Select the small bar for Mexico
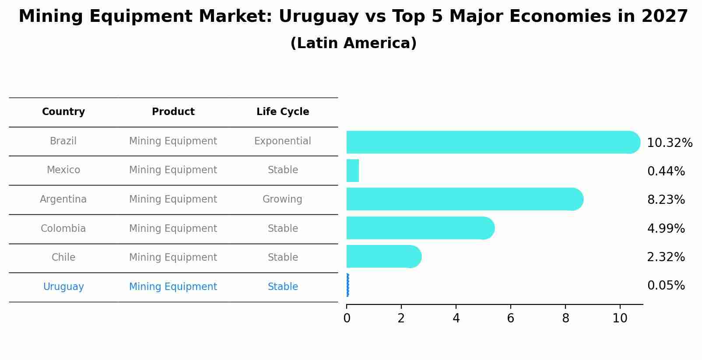pyautogui.click(x=353, y=171)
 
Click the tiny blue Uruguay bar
pyautogui.click(x=347, y=285)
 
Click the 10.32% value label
pyautogui.click(x=669, y=143)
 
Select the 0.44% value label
pyautogui.click(x=666, y=171)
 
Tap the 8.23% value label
pyautogui.click(x=666, y=200)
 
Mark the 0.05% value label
pyautogui.click(x=666, y=286)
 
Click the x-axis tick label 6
pyautogui.click(x=510, y=318)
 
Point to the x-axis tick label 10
pyautogui.click(x=620, y=318)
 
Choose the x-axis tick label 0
pyautogui.click(x=347, y=318)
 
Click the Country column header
pyautogui.click(x=63, y=112)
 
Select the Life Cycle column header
pyautogui.click(x=283, y=112)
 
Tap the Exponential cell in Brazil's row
pyautogui.click(x=282, y=141)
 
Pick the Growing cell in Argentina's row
pyautogui.click(x=282, y=199)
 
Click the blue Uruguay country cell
pyautogui.click(x=63, y=287)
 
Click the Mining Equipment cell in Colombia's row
pyautogui.click(x=173, y=229)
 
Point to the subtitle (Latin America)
pyautogui.click(x=353, y=43)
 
